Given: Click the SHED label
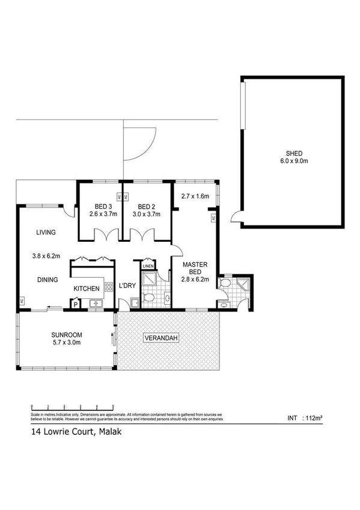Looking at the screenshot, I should pyautogui.click(x=293, y=152).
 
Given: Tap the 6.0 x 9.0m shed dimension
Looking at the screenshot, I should pyautogui.click(x=293, y=161).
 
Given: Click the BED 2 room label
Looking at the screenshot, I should pyautogui.click(x=143, y=205).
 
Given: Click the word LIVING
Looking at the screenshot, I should pyautogui.click(x=46, y=232).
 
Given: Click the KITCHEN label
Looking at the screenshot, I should pyautogui.click(x=87, y=289).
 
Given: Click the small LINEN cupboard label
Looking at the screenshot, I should pyautogui.click(x=148, y=266).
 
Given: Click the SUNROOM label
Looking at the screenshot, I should pyautogui.click(x=66, y=334).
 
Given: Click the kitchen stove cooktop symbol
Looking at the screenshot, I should pyautogui.click(x=109, y=286).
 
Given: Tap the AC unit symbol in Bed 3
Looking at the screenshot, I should pyautogui.click(x=119, y=197).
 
